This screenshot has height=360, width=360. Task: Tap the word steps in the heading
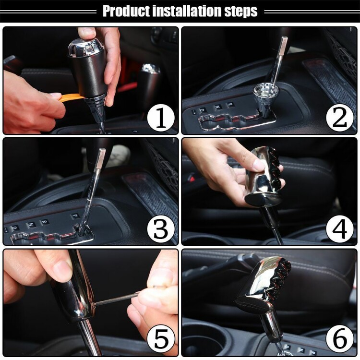coord(241,12)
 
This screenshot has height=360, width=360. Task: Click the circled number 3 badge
coord(161,229)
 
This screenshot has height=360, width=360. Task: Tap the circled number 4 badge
coord(339,229)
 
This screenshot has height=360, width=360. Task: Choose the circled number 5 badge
coord(161,340)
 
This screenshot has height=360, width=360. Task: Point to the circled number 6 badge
coord(339,340)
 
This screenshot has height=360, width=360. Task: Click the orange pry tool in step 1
coord(71,97)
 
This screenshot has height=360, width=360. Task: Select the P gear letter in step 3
coord(75,216)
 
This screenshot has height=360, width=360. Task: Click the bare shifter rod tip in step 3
coord(100,158)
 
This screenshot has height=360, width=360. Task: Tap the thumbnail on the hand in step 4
coord(260,164)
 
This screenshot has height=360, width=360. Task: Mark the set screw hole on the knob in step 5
coord(94,304)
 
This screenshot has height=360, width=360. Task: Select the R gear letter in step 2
coord(230,105)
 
